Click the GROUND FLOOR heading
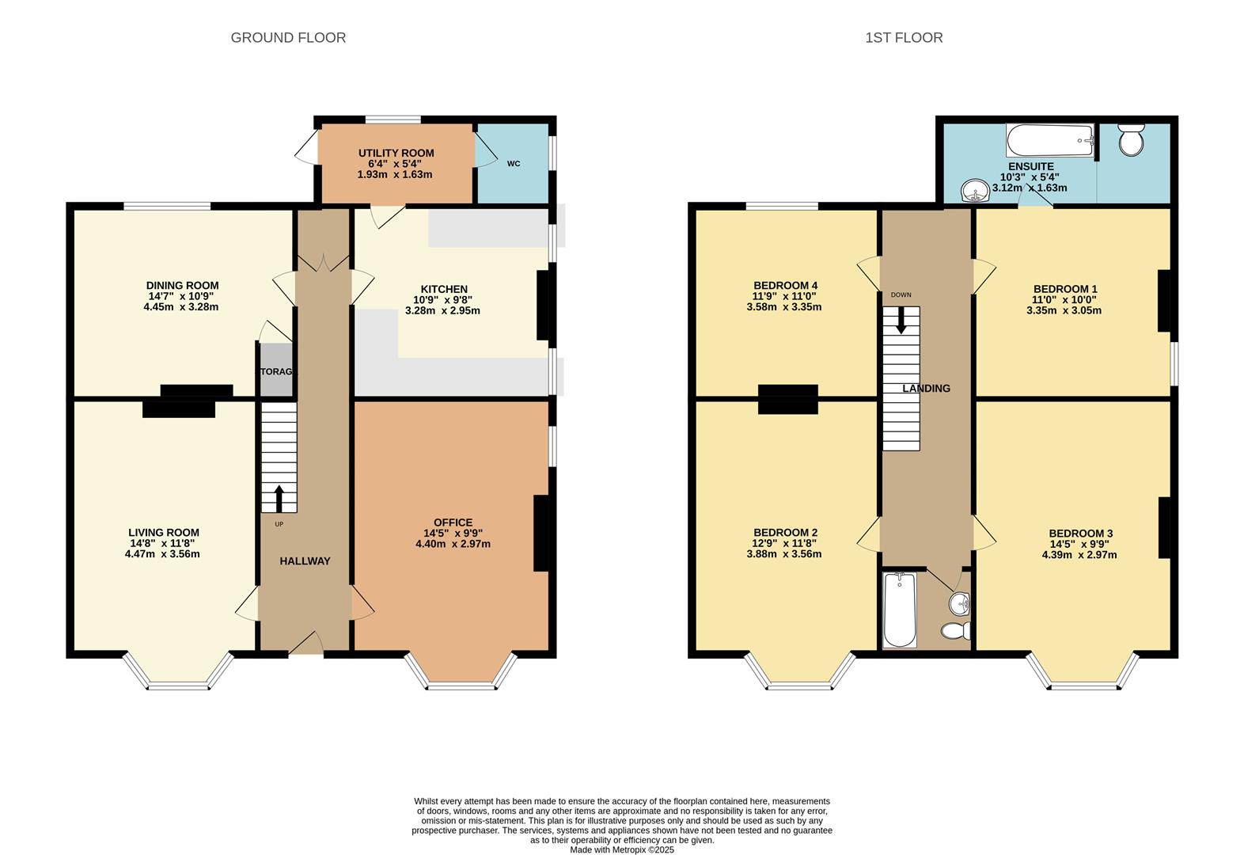(x=288, y=37)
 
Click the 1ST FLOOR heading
(x=903, y=37)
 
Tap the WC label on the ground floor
(x=514, y=164)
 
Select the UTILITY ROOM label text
(x=396, y=153)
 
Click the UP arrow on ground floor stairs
(x=279, y=498)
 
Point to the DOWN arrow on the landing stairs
(x=901, y=320)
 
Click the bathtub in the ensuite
(x=1049, y=140)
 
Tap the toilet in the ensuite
(x=1132, y=140)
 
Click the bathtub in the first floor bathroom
(x=898, y=610)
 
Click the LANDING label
(x=926, y=389)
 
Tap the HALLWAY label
(x=305, y=561)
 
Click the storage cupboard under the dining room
(x=276, y=370)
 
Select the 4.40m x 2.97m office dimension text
(x=453, y=544)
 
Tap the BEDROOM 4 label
(x=785, y=286)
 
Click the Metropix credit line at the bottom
(x=621, y=849)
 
